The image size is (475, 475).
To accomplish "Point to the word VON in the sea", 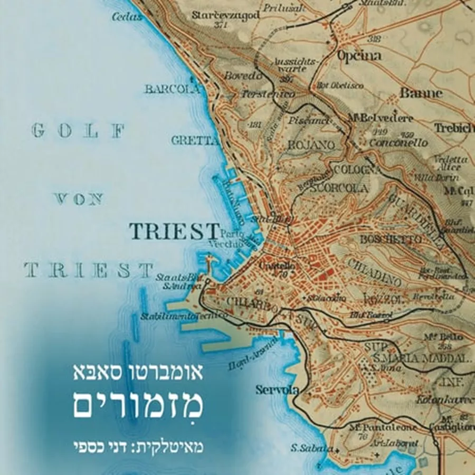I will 79,199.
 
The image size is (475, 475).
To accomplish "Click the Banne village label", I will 421,93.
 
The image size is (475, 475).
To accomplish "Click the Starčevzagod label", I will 226,15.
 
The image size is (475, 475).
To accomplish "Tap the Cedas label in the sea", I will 127,17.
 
